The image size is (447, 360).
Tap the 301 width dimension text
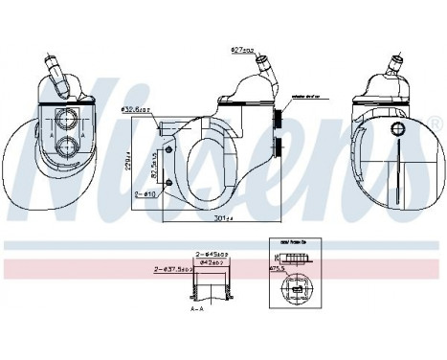225,217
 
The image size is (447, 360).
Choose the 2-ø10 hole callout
147,192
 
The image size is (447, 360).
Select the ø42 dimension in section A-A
212,261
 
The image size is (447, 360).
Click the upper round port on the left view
69,120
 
